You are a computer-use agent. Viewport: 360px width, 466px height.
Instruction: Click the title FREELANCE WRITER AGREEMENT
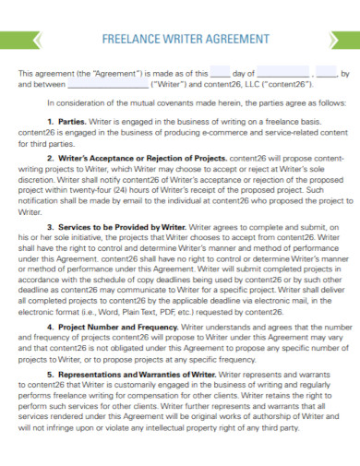coord(179,40)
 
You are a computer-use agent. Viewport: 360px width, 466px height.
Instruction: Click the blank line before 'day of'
coord(221,71)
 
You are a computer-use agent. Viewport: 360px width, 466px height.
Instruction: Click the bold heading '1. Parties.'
coord(66,120)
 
